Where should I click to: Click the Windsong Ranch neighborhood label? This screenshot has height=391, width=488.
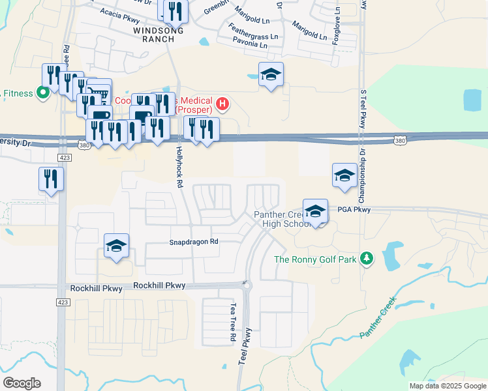(154, 35)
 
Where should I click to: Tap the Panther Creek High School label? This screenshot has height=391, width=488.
(282, 220)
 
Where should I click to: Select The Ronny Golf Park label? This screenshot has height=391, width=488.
(315, 259)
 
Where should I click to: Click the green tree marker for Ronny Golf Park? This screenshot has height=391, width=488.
(367, 259)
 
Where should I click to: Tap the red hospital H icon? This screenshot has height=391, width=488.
(223, 103)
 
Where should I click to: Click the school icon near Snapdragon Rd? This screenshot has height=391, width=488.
(117, 246)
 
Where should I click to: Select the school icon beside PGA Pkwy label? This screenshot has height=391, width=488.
(315, 212)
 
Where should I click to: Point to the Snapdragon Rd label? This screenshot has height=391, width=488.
(194, 241)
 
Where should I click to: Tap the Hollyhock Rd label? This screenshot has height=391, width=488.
(178, 166)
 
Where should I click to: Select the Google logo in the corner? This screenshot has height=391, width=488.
(22, 383)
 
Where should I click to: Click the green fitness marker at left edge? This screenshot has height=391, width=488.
(43, 93)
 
